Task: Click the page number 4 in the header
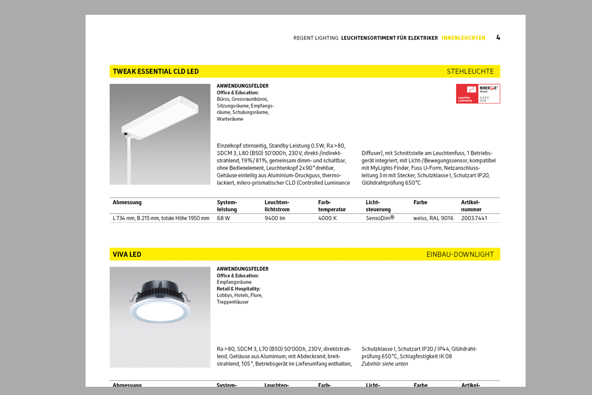498,37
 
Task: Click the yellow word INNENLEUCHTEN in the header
463,38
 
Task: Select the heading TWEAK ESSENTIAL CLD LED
156,71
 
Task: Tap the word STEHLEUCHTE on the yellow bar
470,71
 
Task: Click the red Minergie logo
478,94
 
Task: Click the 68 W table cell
223,218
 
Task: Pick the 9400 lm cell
275,218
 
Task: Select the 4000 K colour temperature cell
327,218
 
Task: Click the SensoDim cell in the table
380,218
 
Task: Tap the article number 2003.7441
474,218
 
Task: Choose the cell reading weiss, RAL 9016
433,218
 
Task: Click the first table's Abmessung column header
127,202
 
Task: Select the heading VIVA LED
127,255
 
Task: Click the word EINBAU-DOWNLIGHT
460,255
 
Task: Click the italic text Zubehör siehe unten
384,364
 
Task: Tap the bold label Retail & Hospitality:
238,289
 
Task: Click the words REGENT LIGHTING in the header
316,38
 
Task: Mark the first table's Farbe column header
420,202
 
